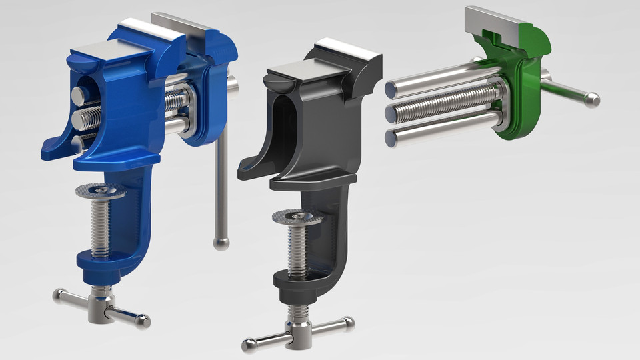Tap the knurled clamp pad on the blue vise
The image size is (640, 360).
pos(101,192)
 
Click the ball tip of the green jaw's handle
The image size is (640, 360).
pos(591,100)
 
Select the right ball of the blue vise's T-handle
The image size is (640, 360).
pos(143,323)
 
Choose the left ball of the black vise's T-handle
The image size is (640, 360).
pos(248,345)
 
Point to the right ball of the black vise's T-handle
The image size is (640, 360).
pos(348,323)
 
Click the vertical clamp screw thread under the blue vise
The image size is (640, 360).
pos(101,227)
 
